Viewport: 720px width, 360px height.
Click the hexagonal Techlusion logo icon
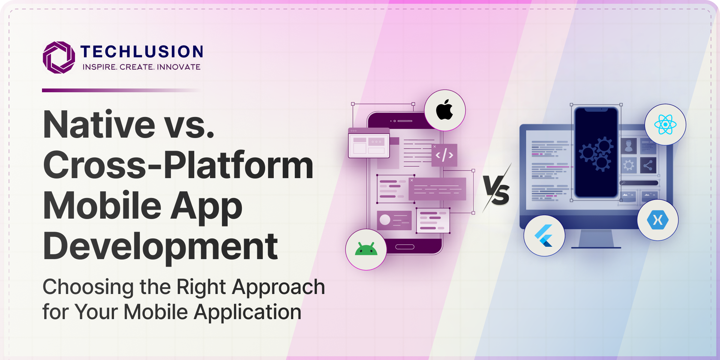click(x=59, y=57)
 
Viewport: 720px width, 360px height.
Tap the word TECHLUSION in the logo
click(x=142, y=52)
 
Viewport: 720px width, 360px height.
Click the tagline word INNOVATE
click(x=178, y=67)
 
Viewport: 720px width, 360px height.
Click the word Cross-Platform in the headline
click(x=178, y=165)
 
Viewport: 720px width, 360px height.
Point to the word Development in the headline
click(x=160, y=247)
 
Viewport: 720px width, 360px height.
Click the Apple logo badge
click(x=445, y=110)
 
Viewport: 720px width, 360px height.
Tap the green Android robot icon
click(x=366, y=249)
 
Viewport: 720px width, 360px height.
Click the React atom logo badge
click(x=665, y=124)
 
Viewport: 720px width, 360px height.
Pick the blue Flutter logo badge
click(x=544, y=235)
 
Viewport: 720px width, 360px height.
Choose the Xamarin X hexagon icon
click(x=658, y=220)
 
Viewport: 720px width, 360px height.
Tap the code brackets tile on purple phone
click(x=444, y=155)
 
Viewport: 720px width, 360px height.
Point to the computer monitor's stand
click(x=596, y=239)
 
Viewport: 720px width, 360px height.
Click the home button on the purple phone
click(x=405, y=247)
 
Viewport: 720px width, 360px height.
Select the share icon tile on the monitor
click(x=648, y=165)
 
